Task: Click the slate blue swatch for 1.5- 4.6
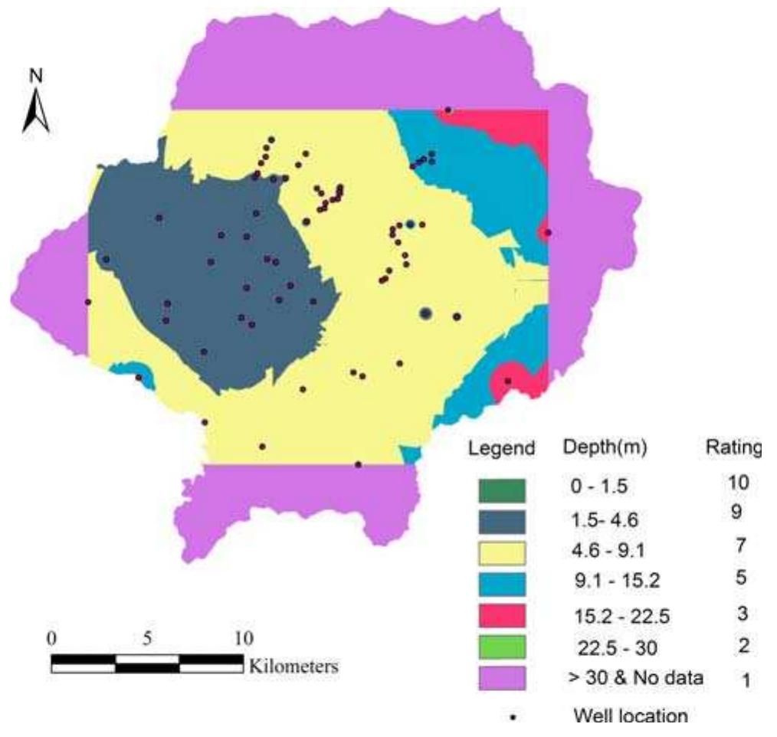504,522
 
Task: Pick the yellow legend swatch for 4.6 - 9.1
504,553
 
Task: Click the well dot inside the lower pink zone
507,381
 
